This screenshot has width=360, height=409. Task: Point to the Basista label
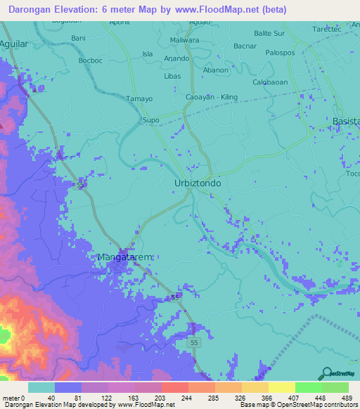click(345, 122)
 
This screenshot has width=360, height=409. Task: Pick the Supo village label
click(150, 121)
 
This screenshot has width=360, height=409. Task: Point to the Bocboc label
click(91, 60)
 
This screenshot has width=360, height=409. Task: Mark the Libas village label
click(172, 76)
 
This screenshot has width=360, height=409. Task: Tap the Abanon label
click(216, 70)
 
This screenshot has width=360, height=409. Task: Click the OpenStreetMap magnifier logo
click(326, 374)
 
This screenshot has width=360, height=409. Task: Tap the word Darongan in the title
click(30, 11)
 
